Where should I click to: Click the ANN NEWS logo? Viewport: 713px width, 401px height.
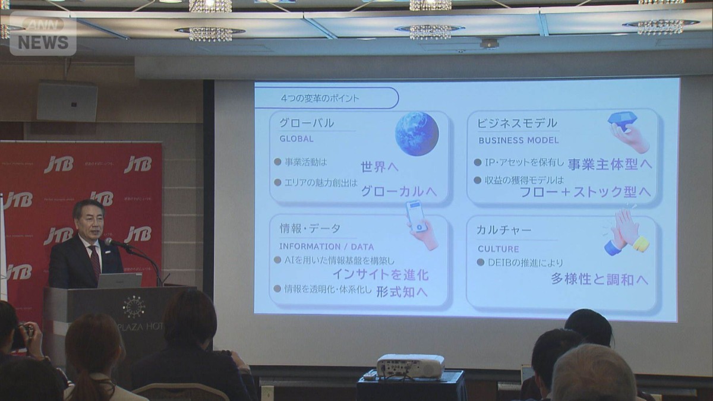pos(43,34)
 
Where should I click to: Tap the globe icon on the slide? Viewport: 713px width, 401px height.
pos(417,134)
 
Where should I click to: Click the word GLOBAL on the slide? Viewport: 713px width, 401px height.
pos(296,139)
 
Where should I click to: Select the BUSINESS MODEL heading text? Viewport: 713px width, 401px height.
pos(518,141)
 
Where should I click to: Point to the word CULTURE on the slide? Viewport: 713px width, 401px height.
pos(498,249)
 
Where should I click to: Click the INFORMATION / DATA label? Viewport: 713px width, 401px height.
pos(327,247)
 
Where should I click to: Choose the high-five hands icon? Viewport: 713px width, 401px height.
pos(626,232)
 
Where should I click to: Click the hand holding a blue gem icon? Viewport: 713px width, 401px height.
pos(628,131)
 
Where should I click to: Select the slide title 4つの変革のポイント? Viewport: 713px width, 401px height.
pos(320,97)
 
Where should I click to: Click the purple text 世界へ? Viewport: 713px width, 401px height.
pos(380,167)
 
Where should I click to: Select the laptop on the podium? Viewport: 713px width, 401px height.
pos(119,280)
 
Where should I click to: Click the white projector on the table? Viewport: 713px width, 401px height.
pos(411,365)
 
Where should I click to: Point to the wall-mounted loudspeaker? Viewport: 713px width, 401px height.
pos(67,102)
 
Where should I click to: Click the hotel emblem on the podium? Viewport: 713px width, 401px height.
pos(134,307)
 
